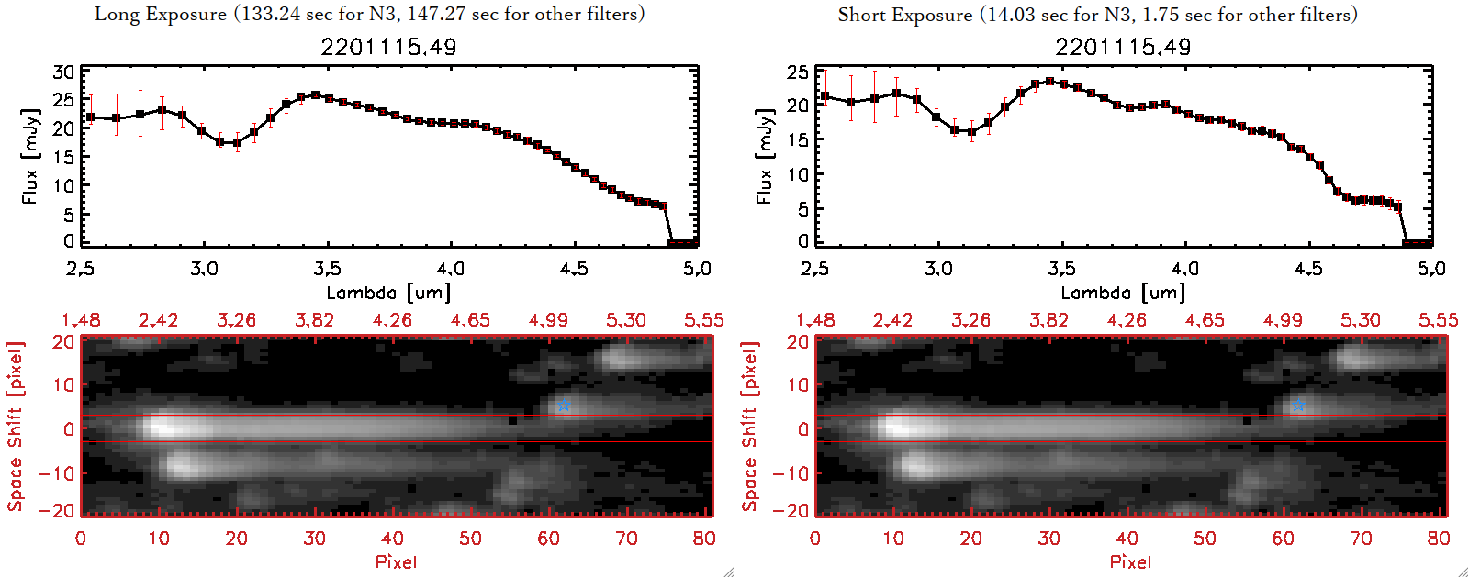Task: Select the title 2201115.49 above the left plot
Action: pyautogui.click(x=388, y=47)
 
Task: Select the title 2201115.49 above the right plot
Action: pyautogui.click(x=1123, y=47)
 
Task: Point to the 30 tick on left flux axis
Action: pyautogui.click(x=63, y=72)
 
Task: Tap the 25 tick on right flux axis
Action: pyautogui.click(x=798, y=72)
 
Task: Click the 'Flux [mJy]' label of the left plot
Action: pyautogui.click(x=30, y=156)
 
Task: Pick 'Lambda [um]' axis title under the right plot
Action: pyautogui.click(x=1123, y=293)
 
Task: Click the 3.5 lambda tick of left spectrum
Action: pyautogui.click(x=327, y=269)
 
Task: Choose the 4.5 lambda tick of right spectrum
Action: pyautogui.click(x=1308, y=269)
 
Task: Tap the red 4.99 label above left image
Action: pyautogui.click(x=548, y=320)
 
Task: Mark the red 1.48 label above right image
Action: pyautogui.click(x=815, y=320)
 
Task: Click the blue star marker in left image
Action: pyautogui.click(x=564, y=405)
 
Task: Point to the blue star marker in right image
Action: pyautogui.click(x=1298, y=405)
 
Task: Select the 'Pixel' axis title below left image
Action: pyautogui.click(x=396, y=561)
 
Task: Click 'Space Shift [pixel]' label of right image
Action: pyautogui.click(x=750, y=427)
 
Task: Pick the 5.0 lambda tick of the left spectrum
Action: pyautogui.click(x=697, y=269)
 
